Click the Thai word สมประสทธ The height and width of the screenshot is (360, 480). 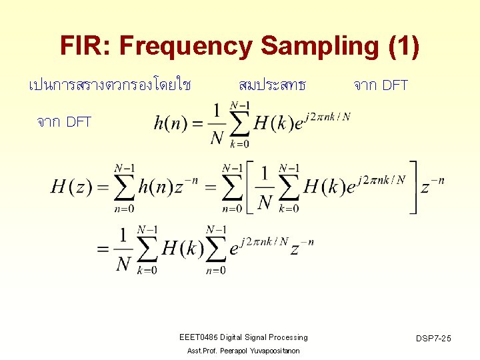click(272, 85)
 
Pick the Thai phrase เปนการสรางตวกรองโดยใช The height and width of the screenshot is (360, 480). click(110, 85)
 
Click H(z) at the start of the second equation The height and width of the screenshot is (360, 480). click(71, 187)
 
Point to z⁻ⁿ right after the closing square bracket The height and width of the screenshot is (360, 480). click(432, 185)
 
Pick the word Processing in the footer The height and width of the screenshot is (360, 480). click(287, 337)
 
